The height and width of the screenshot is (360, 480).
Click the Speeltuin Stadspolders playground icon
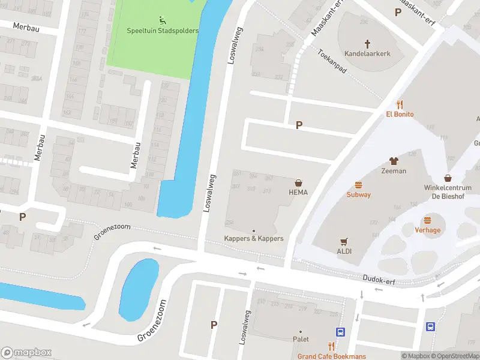coord(163,20)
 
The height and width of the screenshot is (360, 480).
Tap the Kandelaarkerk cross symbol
coord(367,43)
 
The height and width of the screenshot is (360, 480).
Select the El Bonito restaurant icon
coord(400,104)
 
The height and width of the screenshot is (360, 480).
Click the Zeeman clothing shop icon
coord(394,161)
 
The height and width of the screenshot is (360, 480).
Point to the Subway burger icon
coord(359,185)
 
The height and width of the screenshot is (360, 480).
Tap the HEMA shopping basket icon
coord(298,182)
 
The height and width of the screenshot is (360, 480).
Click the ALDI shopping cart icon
coord(344,241)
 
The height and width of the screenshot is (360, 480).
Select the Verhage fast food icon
coord(428,220)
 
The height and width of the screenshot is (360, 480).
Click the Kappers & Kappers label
coord(254,238)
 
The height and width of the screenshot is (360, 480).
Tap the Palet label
coord(301,339)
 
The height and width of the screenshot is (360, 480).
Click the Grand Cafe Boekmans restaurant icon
coord(331,346)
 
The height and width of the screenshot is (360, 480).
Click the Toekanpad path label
coord(333,62)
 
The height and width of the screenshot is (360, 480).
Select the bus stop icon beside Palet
coord(340,332)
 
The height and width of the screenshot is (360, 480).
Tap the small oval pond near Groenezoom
coord(139,281)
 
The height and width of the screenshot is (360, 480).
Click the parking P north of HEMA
coord(299,125)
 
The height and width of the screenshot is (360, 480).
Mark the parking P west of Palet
coord(214,325)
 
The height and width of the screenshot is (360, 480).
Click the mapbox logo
coord(26,352)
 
